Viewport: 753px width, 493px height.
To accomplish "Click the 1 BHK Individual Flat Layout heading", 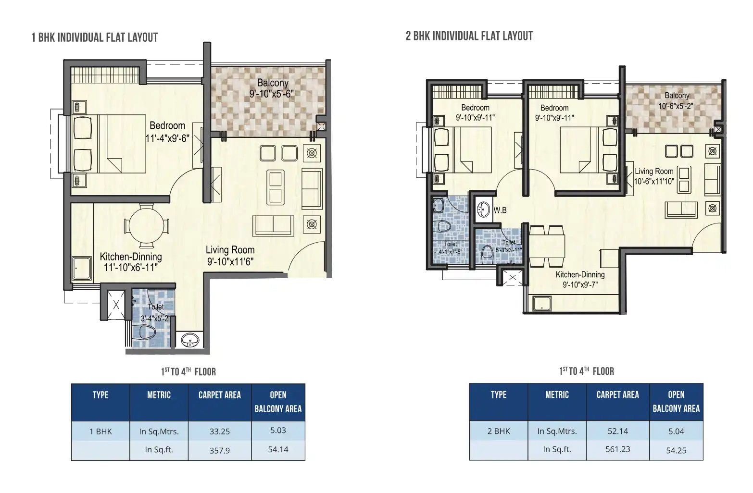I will pos(95,37).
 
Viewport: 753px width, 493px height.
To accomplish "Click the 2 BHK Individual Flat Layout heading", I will pos(469,36).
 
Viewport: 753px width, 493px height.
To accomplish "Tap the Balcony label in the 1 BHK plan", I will pos(272,83).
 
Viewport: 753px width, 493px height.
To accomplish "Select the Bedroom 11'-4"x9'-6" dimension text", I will pos(167,138).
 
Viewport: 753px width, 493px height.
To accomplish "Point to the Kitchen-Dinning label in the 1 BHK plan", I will pos(131,257).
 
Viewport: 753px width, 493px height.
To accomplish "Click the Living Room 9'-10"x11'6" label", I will pos(230,256).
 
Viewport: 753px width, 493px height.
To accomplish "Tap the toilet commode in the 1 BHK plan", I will pos(147,332).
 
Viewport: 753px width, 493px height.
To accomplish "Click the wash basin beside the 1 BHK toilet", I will pos(190,340).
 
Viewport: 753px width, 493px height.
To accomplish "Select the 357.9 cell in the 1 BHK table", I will pos(220,451).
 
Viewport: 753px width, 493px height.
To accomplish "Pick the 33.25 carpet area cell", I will pos(220,431).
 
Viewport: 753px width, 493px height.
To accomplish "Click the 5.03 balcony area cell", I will pos(278,431).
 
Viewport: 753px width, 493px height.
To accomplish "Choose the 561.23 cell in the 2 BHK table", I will pos(617,449).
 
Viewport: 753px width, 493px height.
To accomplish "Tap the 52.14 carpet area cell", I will pos(617,431).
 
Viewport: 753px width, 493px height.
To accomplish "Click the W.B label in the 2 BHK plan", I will pos(500,210).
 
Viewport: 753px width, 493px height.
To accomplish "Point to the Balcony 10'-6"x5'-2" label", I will pos(676,100).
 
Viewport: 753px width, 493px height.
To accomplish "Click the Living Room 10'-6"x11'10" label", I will pos(654,176).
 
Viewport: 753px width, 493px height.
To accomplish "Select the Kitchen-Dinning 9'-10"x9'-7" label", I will pos(580,279).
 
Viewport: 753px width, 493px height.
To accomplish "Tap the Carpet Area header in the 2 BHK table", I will pos(617,395).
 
